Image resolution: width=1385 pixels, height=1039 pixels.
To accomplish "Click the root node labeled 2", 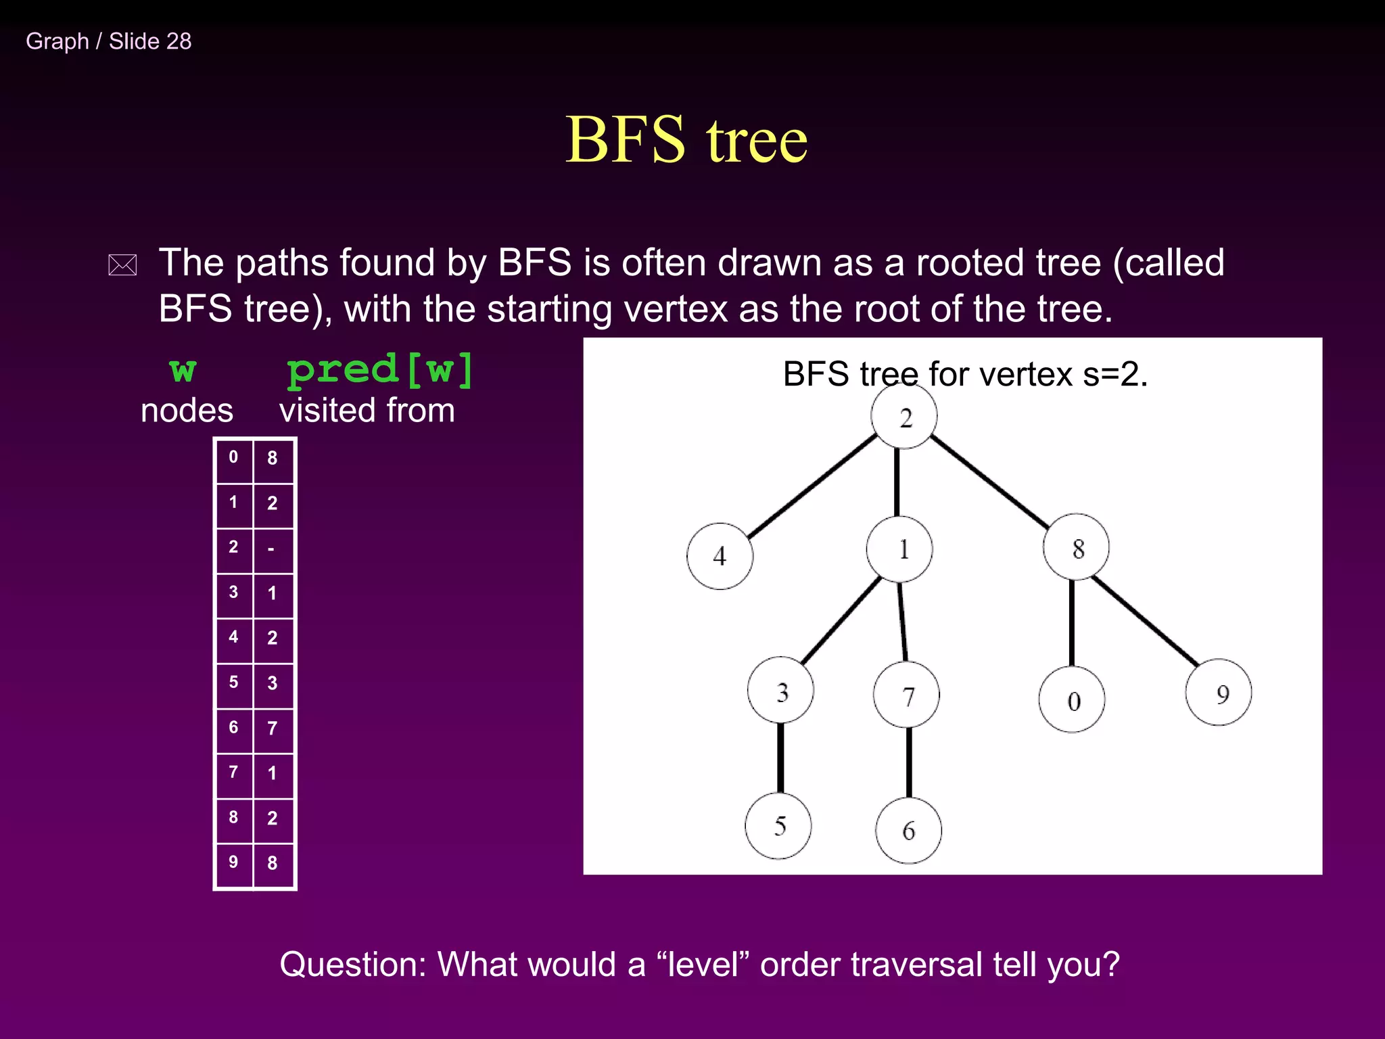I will pos(904,417).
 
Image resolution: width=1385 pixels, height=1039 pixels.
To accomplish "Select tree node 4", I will pos(720,556).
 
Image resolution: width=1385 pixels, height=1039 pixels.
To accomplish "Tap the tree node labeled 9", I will pos(1219,693).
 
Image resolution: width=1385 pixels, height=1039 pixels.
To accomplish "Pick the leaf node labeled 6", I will pos(908,830).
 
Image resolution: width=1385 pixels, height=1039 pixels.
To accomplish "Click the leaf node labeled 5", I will pos(778,826).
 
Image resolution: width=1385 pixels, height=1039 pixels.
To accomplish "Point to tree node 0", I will pos(1072,700).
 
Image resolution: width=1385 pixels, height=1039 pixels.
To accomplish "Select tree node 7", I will pos(906,695).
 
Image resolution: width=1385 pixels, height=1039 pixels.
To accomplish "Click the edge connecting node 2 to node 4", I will pos(812,486).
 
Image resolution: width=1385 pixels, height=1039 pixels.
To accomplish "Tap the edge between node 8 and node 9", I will pos(1144,620).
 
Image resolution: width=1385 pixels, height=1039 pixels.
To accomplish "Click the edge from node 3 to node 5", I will pos(780,758).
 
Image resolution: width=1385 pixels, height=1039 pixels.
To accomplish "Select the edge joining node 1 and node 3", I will pos(841,620).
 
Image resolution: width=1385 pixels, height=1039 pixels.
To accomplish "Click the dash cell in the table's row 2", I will pos(272,549).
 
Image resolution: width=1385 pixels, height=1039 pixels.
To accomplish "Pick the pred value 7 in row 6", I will pos(272,729).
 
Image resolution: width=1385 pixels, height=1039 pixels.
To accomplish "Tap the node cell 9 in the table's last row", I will pos(233,862).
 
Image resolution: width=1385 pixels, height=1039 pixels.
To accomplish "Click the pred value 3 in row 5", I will pos(272,683).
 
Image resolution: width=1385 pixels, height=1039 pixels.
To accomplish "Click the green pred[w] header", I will pos(380,370).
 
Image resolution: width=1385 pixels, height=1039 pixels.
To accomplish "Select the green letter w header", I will pos(183,370).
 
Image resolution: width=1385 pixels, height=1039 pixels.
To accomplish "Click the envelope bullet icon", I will pos(122,265).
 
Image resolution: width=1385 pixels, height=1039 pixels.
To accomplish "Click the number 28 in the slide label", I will pos(179,41).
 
